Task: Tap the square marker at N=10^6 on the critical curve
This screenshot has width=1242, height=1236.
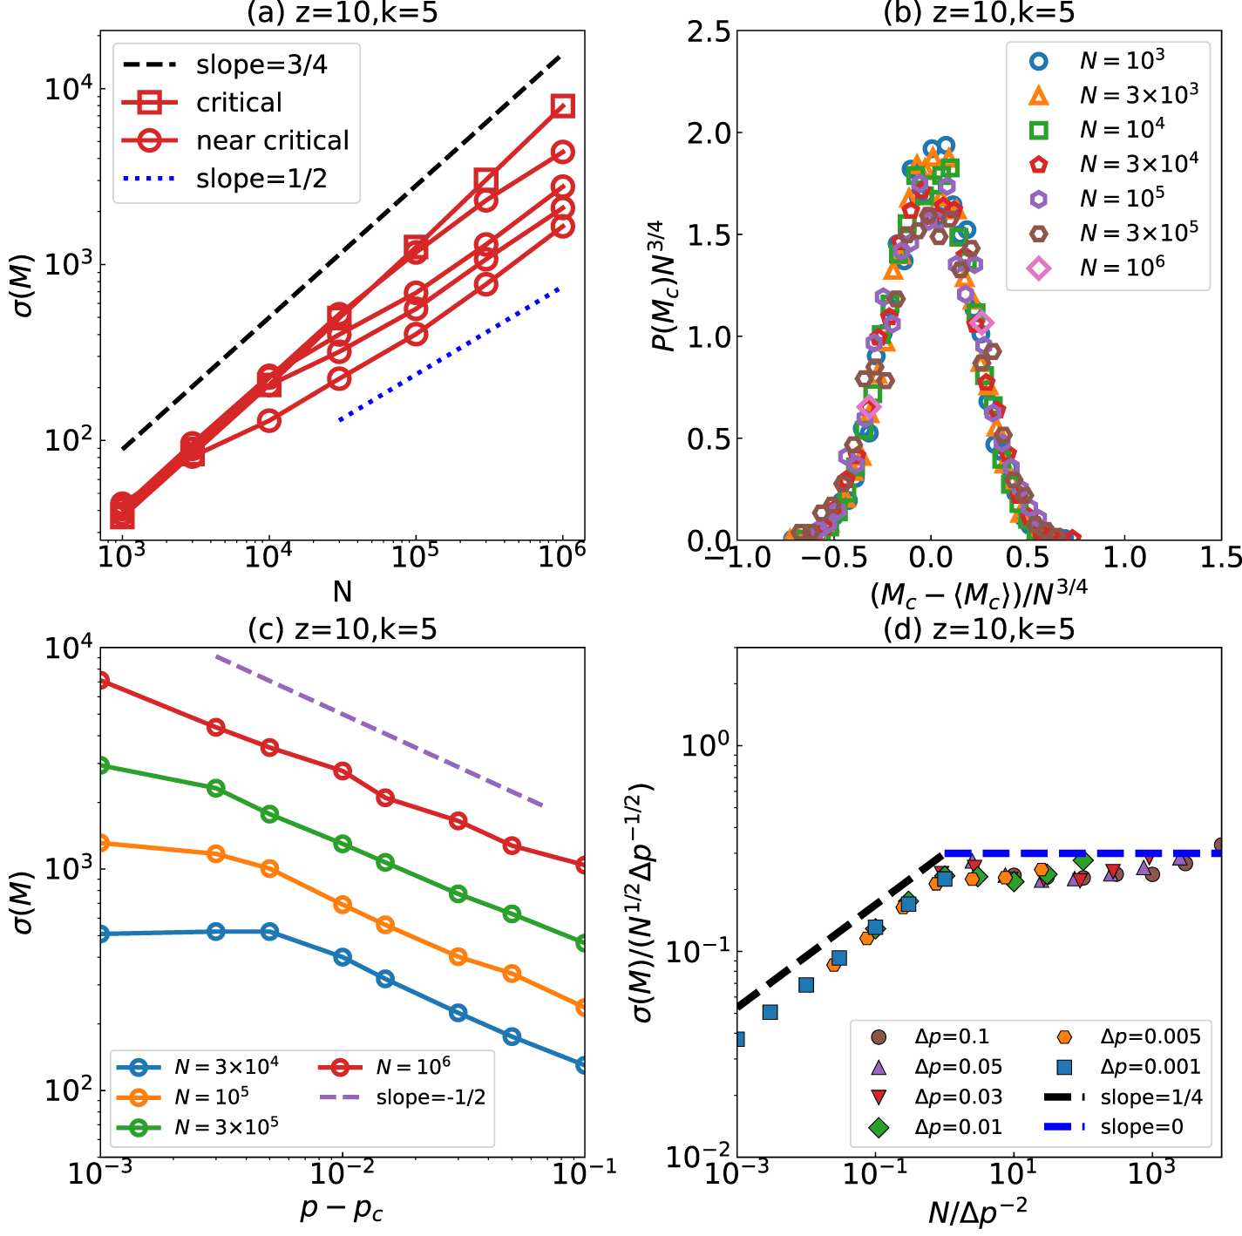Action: tap(563, 106)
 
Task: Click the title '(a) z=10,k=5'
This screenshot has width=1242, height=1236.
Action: tap(343, 12)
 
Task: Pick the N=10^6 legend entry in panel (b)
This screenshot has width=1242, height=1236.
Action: tap(1122, 268)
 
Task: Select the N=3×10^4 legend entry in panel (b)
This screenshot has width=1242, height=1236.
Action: tap(1138, 164)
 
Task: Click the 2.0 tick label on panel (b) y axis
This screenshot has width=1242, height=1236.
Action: tap(708, 133)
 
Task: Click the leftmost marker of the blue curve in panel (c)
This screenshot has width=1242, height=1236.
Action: tap(102, 934)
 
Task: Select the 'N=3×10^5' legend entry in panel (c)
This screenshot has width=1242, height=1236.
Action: tap(226, 1127)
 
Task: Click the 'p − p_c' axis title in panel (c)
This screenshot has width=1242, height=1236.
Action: tap(342, 1210)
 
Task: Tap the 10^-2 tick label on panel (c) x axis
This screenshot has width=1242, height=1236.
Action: tap(342, 1173)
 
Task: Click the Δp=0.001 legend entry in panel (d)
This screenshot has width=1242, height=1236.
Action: tap(1150, 1067)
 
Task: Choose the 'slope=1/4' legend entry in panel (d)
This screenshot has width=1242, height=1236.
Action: tap(1150, 1097)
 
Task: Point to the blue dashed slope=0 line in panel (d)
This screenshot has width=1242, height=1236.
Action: tap(1081, 853)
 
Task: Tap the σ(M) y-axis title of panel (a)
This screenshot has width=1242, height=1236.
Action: tap(24, 285)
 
